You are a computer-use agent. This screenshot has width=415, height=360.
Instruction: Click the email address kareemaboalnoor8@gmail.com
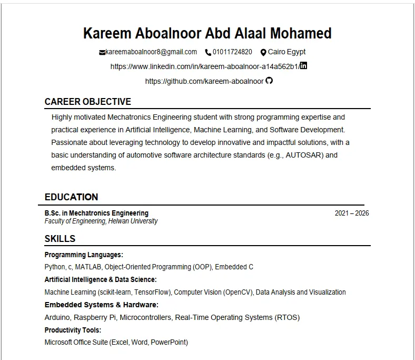[151, 52]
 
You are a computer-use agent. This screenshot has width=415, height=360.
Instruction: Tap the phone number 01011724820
[232, 52]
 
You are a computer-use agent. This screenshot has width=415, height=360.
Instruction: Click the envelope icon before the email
[102, 52]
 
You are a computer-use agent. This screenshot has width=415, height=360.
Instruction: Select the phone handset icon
[208, 52]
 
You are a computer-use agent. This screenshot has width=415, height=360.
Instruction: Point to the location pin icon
[263, 52]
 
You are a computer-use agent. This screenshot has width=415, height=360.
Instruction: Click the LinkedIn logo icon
[303, 66]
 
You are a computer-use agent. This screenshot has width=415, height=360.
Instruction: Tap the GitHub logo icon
[269, 81]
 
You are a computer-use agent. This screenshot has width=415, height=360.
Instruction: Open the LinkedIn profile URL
[204, 66]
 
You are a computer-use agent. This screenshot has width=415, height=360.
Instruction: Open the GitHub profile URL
[204, 81]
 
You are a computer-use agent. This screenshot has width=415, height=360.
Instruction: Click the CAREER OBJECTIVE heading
[88, 102]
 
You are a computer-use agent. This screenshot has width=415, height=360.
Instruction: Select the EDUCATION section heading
[71, 197]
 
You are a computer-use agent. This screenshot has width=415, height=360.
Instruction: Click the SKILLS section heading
[60, 239]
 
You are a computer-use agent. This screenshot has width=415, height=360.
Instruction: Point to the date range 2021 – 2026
[352, 213]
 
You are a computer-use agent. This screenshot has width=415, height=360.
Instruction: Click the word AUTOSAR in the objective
[303, 155]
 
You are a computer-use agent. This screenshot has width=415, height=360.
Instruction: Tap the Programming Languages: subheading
[84, 255]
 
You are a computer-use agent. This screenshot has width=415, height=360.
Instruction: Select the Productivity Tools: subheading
[73, 330]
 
